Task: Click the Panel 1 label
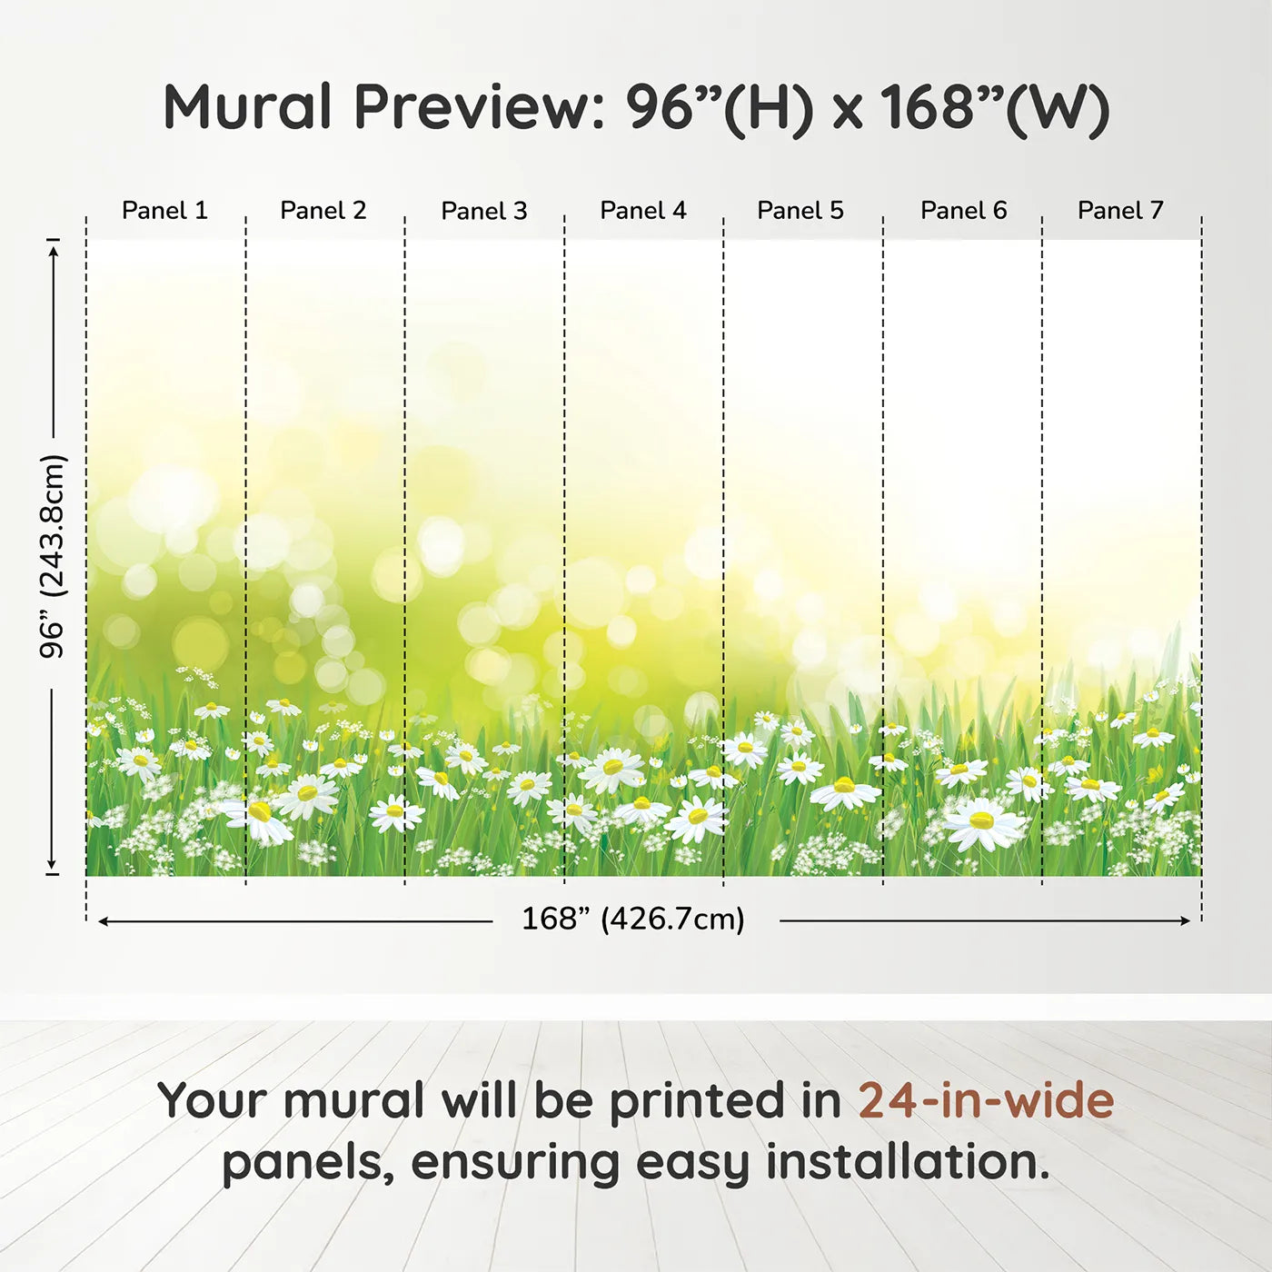click(164, 211)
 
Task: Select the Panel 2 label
click(323, 211)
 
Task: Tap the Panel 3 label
click(484, 211)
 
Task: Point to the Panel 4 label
click(643, 211)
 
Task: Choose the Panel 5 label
click(800, 211)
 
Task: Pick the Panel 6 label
click(964, 211)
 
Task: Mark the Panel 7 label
click(1120, 211)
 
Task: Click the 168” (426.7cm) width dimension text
click(633, 919)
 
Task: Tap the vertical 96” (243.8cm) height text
click(52, 556)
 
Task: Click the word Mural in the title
click(247, 107)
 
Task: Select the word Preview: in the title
click(480, 107)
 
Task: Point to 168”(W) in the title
click(996, 108)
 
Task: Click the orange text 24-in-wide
click(986, 1099)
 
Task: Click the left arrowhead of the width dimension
click(104, 920)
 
